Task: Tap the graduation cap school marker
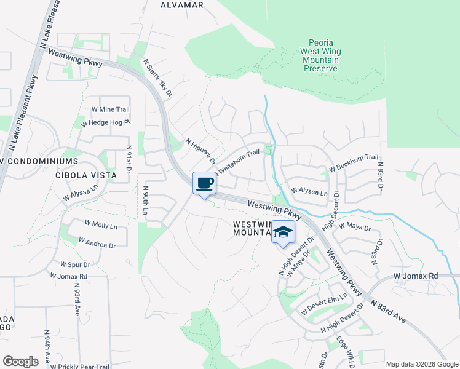pos(283,232)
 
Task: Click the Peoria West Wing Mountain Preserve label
pos(320,55)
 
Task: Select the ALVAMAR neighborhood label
pos(181,5)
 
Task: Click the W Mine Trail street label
pos(111,109)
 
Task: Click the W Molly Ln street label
pos(95,226)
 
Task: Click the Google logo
pos(20,361)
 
